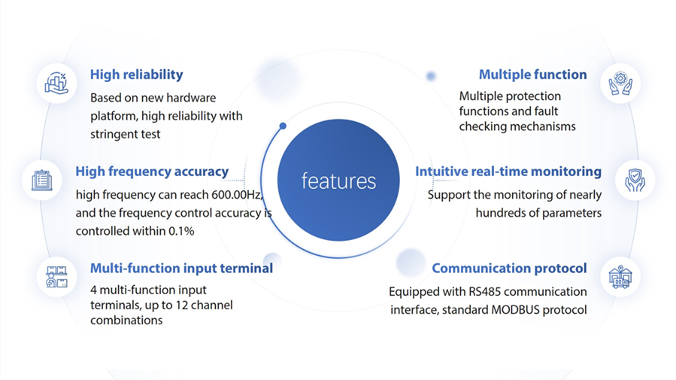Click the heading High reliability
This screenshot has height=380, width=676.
pyautogui.click(x=136, y=74)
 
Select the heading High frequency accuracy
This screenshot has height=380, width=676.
pyautogui.click(x=152, y=172)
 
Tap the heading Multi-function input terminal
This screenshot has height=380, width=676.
pyautogui.click(x=181, y=268)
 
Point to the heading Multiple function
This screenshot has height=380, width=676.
pyautogui.click(x=532, y=74)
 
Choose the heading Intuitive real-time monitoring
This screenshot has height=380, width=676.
pyautogui.click(x=508, y=172)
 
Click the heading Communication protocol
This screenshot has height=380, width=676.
pyautogui.click(x=509, y=268)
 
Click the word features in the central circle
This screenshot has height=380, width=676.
pyautogui.click(x=338, y=181)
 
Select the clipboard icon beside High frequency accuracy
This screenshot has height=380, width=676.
pyautogui.click(x=42, y=180)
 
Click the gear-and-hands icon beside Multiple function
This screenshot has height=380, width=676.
pyautogui.click(x=620, y=83)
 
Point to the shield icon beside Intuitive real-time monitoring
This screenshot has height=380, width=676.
pyautogui.click(x=635, y=180)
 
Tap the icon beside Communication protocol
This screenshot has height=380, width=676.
pyautogui.click(x=620, y=276)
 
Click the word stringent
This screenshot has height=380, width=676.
pyautogui.click(x=113, y=134)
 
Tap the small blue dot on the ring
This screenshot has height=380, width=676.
pyautogui.click(x=283, y=126)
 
